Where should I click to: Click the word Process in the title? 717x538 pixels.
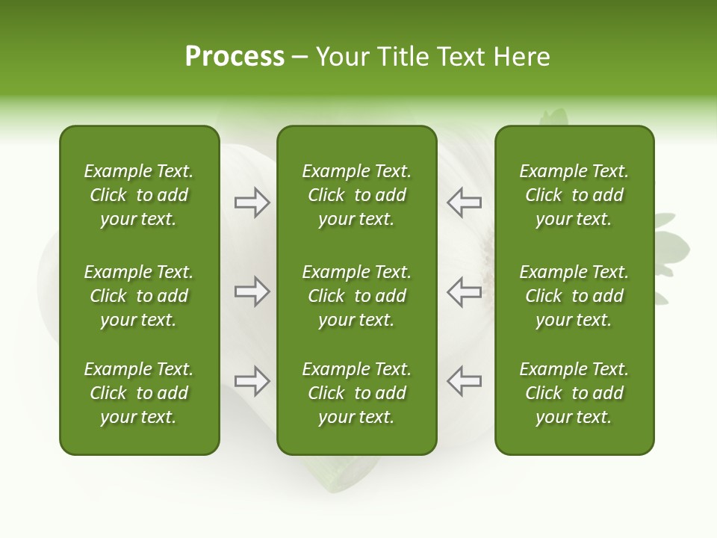point(235,57)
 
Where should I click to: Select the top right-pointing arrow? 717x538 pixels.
point(252,202)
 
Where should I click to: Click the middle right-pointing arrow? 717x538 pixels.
point(252,291)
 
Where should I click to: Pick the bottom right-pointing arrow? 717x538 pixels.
point(252,381)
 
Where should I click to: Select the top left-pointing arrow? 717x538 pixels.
point(465,202)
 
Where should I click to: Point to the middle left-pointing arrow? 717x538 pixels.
point(465,291)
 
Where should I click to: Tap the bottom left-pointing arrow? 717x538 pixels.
point(465,381)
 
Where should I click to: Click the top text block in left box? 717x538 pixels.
point(139,195)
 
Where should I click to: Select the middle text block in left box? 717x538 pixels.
point(139,296)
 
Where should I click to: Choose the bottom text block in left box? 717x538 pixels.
point(139,393)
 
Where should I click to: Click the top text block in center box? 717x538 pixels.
point(357,195)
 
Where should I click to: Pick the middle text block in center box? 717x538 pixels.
point(357,296)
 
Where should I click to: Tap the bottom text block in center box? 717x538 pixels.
point(357,393)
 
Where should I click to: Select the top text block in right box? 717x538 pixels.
point(574,195)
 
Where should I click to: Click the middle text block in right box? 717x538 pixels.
point(574,296)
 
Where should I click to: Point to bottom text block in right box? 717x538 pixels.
point(574,393)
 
